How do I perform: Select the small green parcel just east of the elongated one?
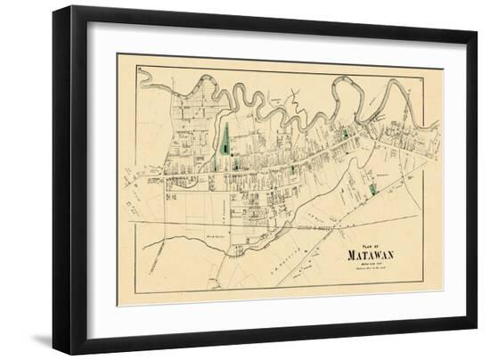click(236, 163)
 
